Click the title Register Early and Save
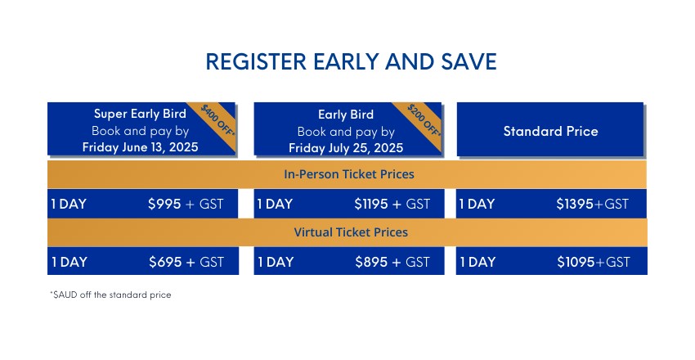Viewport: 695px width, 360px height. click(x=351, y=61)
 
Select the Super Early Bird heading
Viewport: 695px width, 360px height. click(x=140, y=114)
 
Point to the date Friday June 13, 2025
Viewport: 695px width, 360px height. click(x=140, y=147)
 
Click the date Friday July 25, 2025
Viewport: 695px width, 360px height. click(x=346, y=148)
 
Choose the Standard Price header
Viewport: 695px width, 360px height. click(x=550, y=131)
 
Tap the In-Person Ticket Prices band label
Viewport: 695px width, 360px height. click(x=349, y=174)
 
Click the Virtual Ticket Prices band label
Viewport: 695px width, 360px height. click(x=351, y=232)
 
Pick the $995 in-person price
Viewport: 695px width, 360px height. click(x=164, y=204)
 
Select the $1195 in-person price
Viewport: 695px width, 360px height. click(x=371, y=204)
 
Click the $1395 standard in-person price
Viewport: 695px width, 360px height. click(x=575, y=204)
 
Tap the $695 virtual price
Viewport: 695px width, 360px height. click(x=165, y=262)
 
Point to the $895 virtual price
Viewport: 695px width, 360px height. click(x=372, y=262)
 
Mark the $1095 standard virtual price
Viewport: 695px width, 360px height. click(x=576, y=262)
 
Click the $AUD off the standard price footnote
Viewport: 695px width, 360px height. click(x=110, y=295)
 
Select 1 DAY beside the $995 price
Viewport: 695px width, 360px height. click(x=69, y=204)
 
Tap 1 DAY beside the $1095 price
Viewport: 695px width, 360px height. click(x=478, y=262)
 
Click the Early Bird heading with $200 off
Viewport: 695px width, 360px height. click(x=346, y=115)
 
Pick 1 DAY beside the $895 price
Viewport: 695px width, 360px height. click(x=276, y=262)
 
